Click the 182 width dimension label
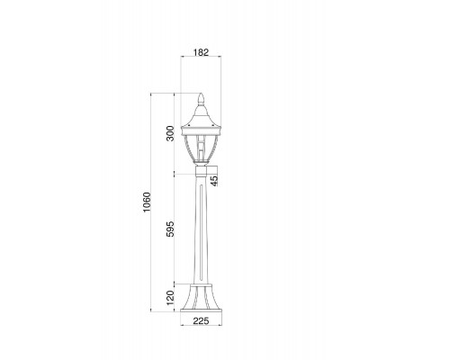point(201,52)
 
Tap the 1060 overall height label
point(147,202)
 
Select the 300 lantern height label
point(170,133)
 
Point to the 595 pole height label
point(170,229)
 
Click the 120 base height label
point(170,298)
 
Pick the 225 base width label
point(201,321)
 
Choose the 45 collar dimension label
point(214,181)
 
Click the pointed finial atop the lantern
point(201,98)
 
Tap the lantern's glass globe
point(201,148)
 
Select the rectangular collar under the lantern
point(201,171)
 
